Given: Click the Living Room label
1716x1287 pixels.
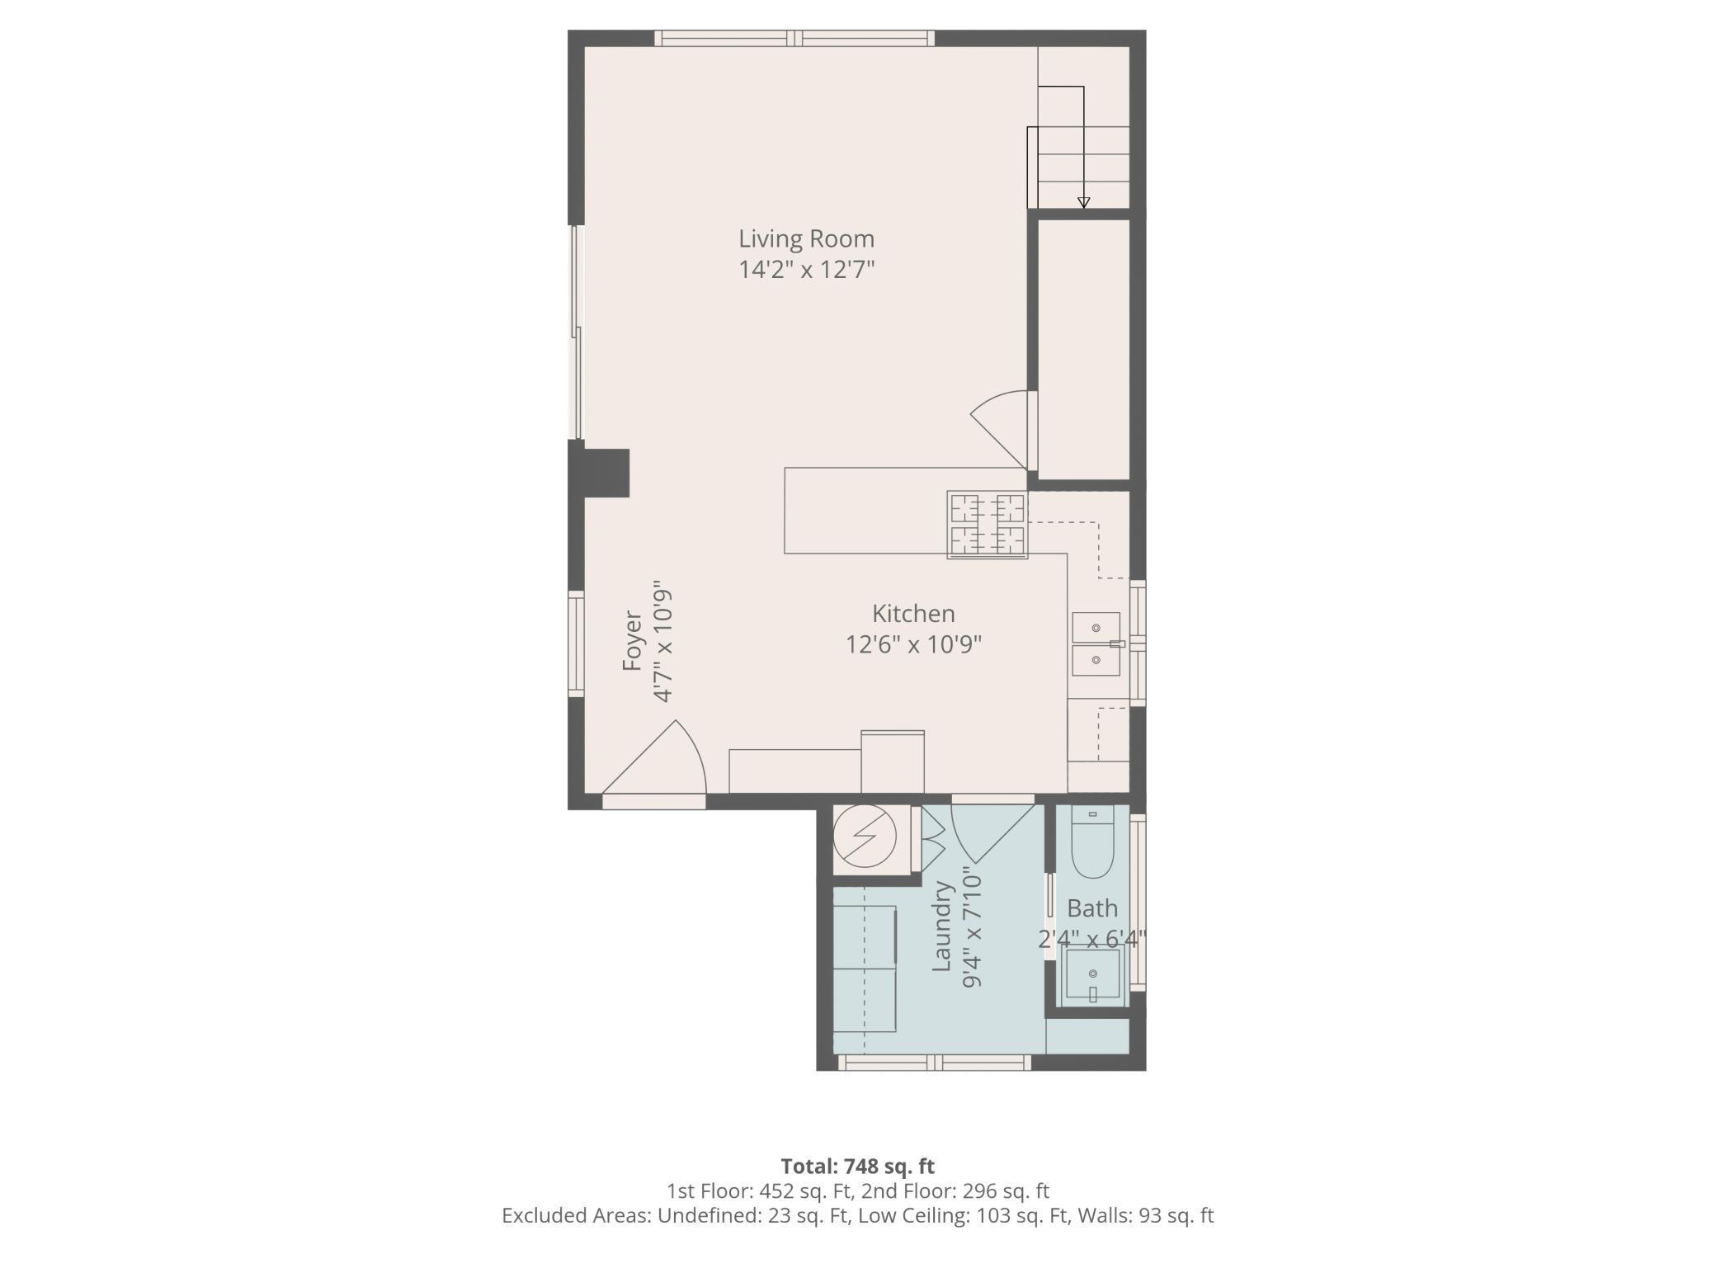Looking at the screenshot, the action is point(806,238).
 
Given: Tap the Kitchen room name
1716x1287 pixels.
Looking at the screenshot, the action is point(913,613).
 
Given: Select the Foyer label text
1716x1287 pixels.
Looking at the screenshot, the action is point(632,641).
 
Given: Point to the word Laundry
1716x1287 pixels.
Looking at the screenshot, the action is point(942,926).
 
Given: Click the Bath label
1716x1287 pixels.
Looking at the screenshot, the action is point(1092,908).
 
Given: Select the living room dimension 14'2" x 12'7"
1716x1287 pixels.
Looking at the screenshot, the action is point(806,270).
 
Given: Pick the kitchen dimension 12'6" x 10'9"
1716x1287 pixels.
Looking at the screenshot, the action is point(913,643).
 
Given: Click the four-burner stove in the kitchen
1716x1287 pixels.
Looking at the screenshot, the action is point(988,525).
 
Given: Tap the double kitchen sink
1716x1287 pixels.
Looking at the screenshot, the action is point(1096,644).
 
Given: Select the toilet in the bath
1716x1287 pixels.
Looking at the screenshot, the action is point(1092,842).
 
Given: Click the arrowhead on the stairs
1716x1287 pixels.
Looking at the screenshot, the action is point(1084,203).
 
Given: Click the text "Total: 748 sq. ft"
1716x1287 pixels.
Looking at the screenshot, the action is point(857,1167).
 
